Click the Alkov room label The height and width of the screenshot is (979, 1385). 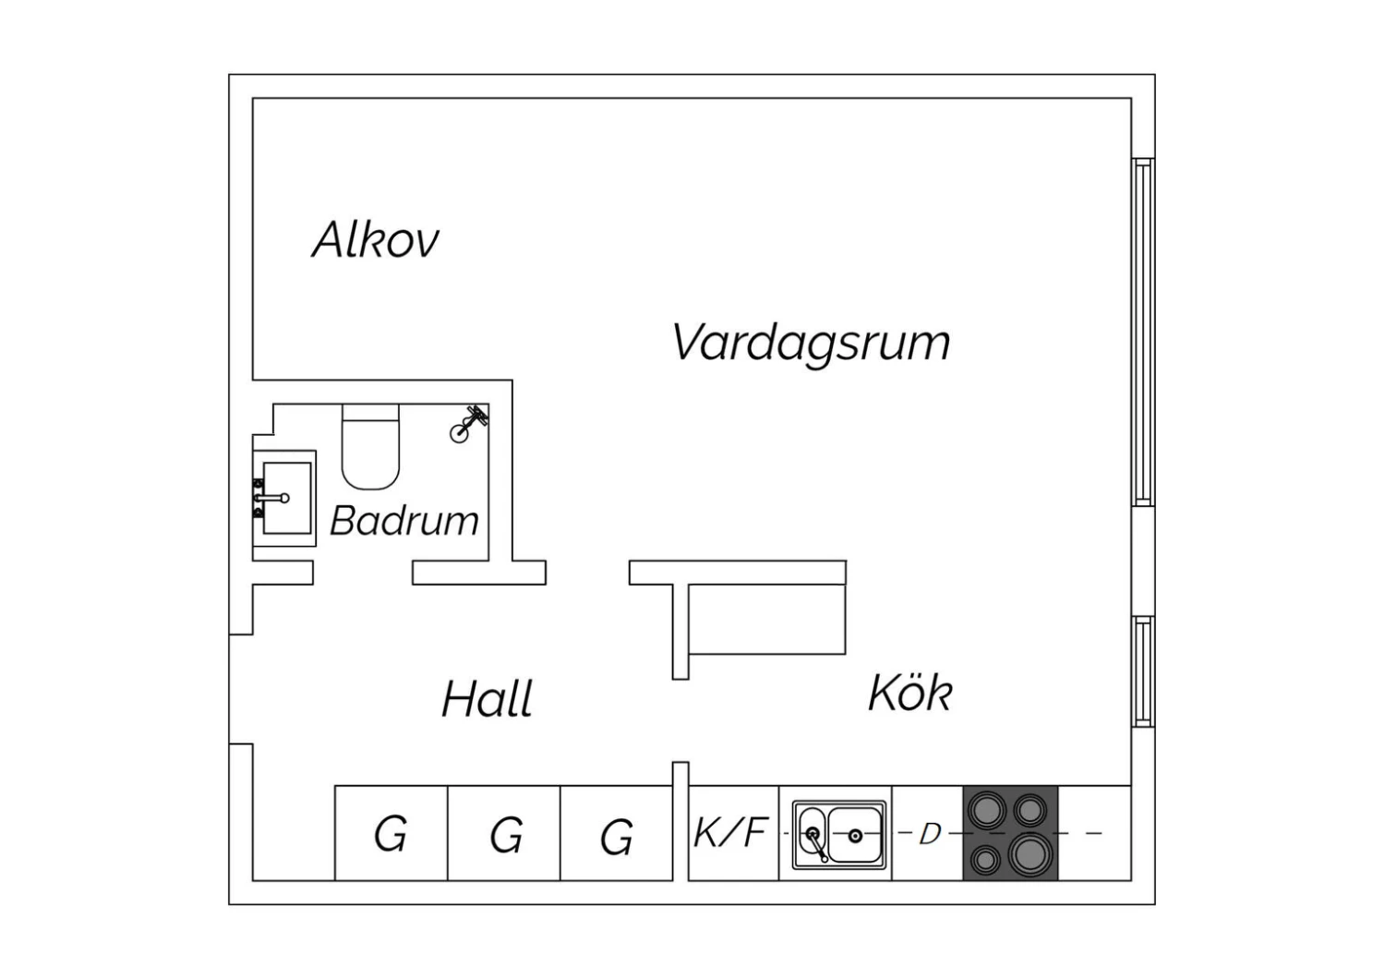tap(376, 239)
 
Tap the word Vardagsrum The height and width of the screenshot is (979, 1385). tap(812, 344)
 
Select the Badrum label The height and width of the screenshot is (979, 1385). tap(404, 521)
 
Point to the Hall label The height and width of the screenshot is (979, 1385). tap(488, 698)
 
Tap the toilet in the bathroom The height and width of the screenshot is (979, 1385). tap(370, 446)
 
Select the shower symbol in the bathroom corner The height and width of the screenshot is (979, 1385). tap(467, 424)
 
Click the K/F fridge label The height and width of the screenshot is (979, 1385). tap(731, 832)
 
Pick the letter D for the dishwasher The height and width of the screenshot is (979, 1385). tap(930, 834)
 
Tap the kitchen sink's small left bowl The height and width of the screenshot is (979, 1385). tap(812, 834)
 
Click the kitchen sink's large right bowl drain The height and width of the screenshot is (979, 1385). tap(856, 836)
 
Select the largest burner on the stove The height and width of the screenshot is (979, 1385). tap(1030, 854)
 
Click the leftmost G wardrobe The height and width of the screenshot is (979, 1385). tap(391, 833)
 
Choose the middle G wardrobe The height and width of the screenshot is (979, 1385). tap(504, 833)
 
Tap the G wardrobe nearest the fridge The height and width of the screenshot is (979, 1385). tap(617, 833)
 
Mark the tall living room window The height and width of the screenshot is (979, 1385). tap(1143, 332)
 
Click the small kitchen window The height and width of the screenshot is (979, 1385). tap(1143, 671)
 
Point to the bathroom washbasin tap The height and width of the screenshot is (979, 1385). tap(271, 498)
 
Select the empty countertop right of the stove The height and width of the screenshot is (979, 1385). tap(1095, 833)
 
